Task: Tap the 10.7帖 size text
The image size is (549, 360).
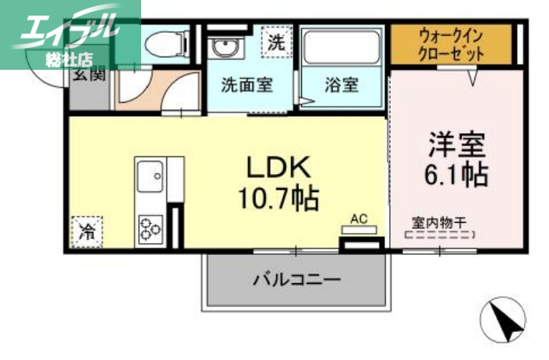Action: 279,199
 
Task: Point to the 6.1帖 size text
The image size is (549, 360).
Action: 457,174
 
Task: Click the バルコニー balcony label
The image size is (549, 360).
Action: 296,279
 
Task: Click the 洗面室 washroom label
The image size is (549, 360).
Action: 246,85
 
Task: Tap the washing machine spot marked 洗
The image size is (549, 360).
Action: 275,44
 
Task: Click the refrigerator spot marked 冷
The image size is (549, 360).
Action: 85,231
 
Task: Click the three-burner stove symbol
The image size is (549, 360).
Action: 151,229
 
